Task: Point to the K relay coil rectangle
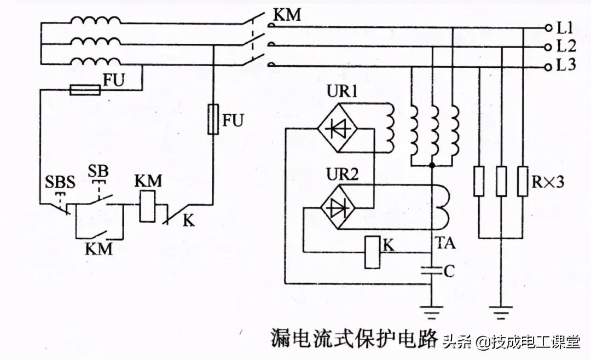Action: pos(373,252)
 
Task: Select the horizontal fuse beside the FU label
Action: pos(86,90)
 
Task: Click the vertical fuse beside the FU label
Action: pos(214,120)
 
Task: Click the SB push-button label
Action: pos(98,170)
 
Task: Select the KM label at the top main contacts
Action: pos(287,15)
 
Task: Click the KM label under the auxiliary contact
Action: pos(99,249)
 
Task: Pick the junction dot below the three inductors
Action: pos(432,165)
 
